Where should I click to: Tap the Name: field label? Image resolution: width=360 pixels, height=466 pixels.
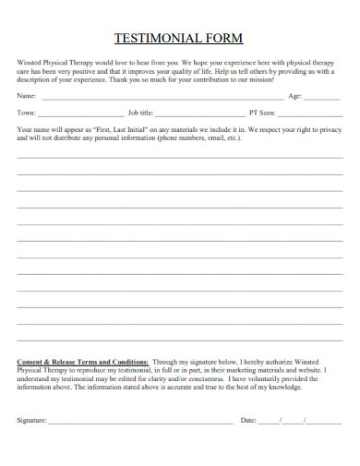[x=27, y=96]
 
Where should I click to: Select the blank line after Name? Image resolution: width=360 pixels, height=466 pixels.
[x=162, y=97]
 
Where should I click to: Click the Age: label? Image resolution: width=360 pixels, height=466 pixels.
[x=295, y=96]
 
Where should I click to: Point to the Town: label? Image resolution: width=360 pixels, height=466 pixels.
[x=27, y=112]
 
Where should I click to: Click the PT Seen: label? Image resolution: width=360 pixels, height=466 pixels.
[x=262, y=112]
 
